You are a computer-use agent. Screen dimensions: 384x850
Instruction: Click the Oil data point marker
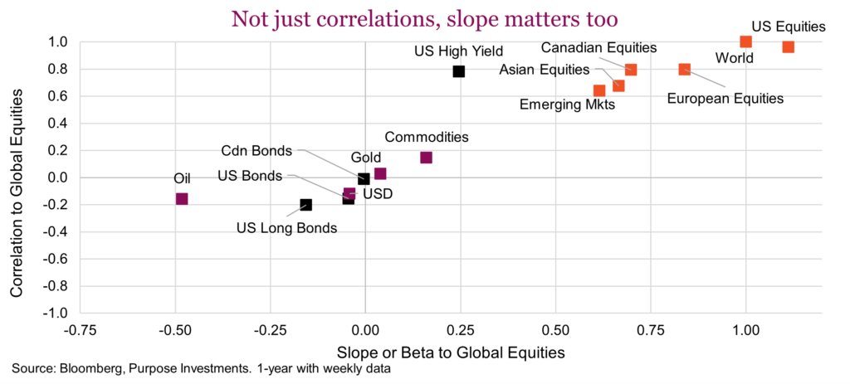click(x=182, y=199)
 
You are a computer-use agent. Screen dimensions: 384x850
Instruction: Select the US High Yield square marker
click(x=459, y=71)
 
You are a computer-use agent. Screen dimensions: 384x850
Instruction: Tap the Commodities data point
click(x=426, y=158)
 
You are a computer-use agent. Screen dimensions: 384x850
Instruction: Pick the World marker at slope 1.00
click(x=745, y=41)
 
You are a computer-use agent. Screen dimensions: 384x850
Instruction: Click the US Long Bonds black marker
click(x=306, y=205)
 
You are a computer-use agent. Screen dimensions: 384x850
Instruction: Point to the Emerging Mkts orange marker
click(x=599, y=90)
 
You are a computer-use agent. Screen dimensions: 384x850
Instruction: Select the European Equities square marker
click(x=684, y=70)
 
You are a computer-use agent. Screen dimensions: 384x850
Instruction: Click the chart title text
click(x=424, y=17)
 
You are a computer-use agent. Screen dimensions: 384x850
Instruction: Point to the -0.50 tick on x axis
click(x=173, y=329)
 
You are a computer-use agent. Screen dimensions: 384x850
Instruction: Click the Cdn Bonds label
click(x=256, y=151)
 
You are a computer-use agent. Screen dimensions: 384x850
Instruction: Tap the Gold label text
click(x=366, y=157)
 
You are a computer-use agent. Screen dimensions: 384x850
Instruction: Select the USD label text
click(x=378, y=194)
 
